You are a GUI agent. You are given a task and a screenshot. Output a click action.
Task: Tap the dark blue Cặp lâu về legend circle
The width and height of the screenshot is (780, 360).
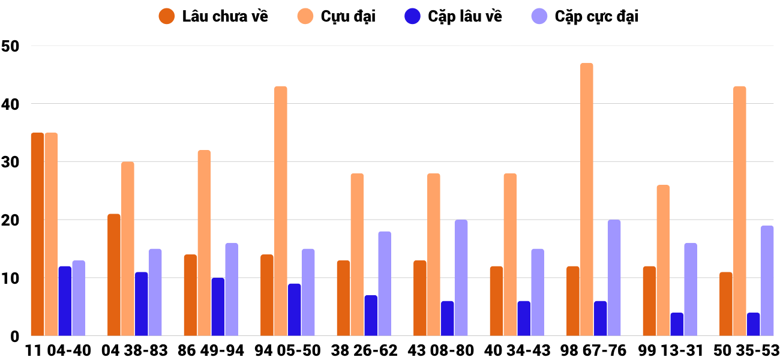click(412, 16)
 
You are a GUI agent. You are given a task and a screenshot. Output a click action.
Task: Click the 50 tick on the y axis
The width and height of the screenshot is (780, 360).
click(10, 46)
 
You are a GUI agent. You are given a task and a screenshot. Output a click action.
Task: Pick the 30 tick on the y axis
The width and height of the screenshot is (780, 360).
click(10, 162)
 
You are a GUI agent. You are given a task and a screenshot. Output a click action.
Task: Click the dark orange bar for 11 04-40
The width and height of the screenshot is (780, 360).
click(37, 234)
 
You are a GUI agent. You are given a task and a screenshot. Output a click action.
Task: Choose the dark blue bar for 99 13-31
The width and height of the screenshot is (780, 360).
click(677, 324)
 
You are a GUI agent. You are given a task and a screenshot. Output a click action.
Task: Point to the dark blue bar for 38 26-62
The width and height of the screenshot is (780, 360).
click(371, 316)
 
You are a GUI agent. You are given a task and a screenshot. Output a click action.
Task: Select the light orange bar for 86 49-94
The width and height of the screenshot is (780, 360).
click(204, 243)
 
